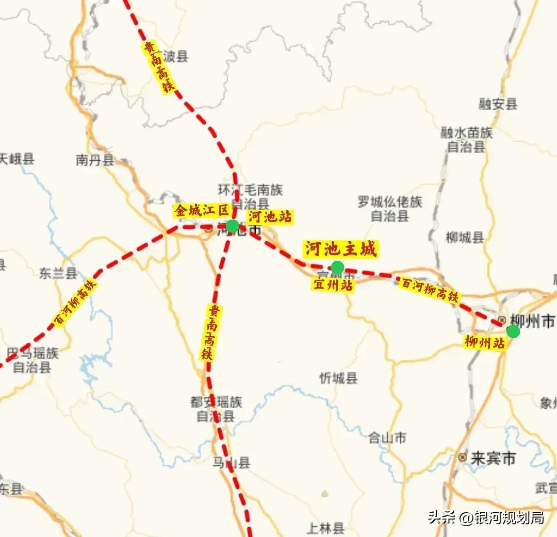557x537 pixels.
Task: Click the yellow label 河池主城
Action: point(340,249)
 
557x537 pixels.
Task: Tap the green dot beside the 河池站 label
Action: point(232,226)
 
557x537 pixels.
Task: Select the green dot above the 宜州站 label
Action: point(337,267)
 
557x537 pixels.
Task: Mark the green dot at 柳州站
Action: point(513,331)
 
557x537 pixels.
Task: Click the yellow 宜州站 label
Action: point(333,284)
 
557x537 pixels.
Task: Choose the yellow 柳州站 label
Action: point(484,342)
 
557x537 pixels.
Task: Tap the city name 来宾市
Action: point(493,458)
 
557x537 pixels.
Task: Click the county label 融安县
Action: point(497,105)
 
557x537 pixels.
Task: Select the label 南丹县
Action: point(95,160)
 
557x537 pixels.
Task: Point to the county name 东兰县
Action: point(58,273)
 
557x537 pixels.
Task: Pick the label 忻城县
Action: point(338,378)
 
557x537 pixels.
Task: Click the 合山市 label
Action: point(387,438)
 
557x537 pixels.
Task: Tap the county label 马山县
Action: point(231,463)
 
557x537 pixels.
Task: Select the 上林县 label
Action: point(325,528)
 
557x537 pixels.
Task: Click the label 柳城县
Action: point(465,238)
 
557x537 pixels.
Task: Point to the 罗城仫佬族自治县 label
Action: point(390,209)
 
